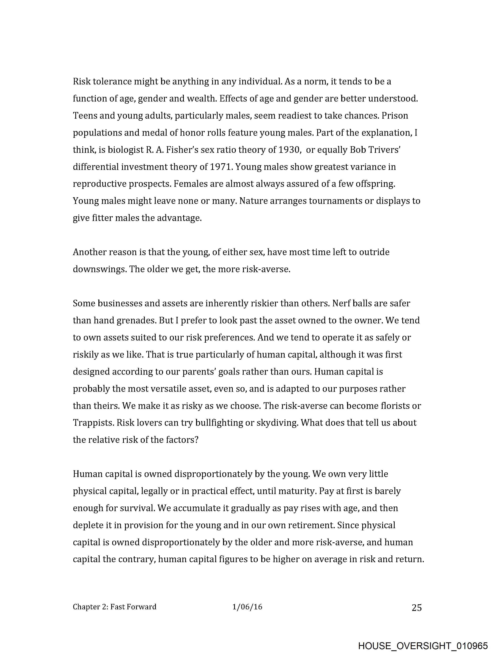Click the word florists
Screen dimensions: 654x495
(390, 406)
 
